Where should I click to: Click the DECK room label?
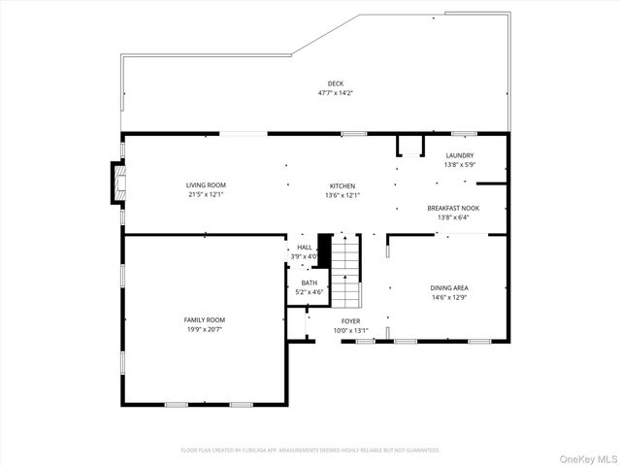335,83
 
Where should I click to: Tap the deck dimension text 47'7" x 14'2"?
335,93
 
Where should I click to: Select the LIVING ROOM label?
206,184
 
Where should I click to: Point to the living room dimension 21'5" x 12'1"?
206,194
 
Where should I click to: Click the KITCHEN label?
343,185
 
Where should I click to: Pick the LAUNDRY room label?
459,155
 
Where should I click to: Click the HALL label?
305,248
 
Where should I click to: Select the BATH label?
309,283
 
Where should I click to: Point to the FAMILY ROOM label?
205,319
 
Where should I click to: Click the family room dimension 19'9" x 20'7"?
205,330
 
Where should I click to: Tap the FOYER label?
350,320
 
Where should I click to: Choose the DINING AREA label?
449,287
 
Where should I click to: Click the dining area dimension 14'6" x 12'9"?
449,297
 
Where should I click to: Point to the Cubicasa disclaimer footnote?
310,450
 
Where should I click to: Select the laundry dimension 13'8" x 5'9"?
459,165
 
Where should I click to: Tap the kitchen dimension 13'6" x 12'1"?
343,195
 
